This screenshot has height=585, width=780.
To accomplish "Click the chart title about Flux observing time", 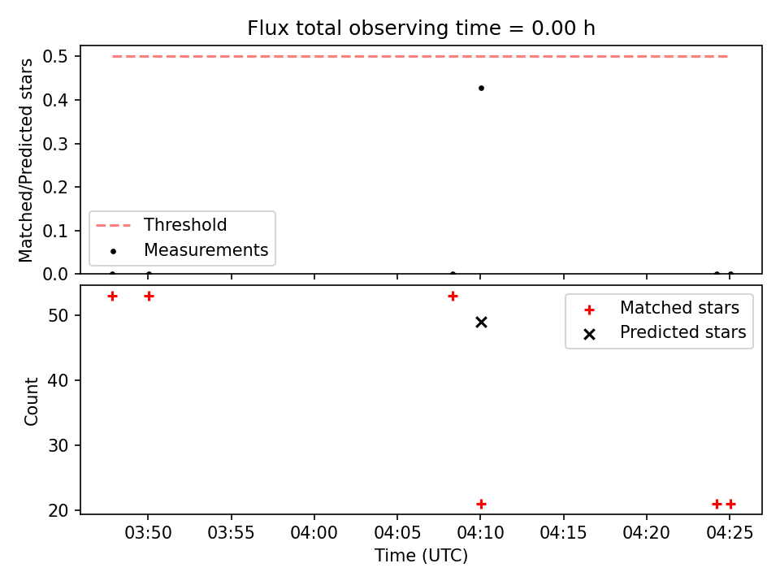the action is point(421,28).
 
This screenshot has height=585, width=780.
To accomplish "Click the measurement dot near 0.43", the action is point(481,89).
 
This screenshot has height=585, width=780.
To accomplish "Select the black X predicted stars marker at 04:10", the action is point(481,323).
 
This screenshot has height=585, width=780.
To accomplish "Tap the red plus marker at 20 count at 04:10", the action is point(481,504).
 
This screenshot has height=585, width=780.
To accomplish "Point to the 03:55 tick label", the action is point(231,533).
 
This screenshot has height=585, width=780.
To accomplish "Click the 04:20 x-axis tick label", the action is point(646,533).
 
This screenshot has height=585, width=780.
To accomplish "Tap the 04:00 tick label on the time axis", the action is point(314,533).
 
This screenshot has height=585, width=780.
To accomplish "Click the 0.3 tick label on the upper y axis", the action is point(55,144).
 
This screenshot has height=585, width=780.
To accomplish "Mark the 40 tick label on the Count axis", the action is point(58,380).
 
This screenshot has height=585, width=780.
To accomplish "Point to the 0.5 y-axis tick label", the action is point(55,56).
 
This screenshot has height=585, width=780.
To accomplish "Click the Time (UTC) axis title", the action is point(421,556).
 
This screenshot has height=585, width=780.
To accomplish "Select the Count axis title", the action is point(31,401).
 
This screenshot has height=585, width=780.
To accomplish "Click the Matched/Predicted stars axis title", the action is point(26,160).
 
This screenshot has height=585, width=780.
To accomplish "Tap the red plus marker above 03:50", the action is point(149,297).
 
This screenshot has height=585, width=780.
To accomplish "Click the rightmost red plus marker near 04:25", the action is point(730,504).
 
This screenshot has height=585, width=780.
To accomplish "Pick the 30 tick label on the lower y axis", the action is point(58,445).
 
